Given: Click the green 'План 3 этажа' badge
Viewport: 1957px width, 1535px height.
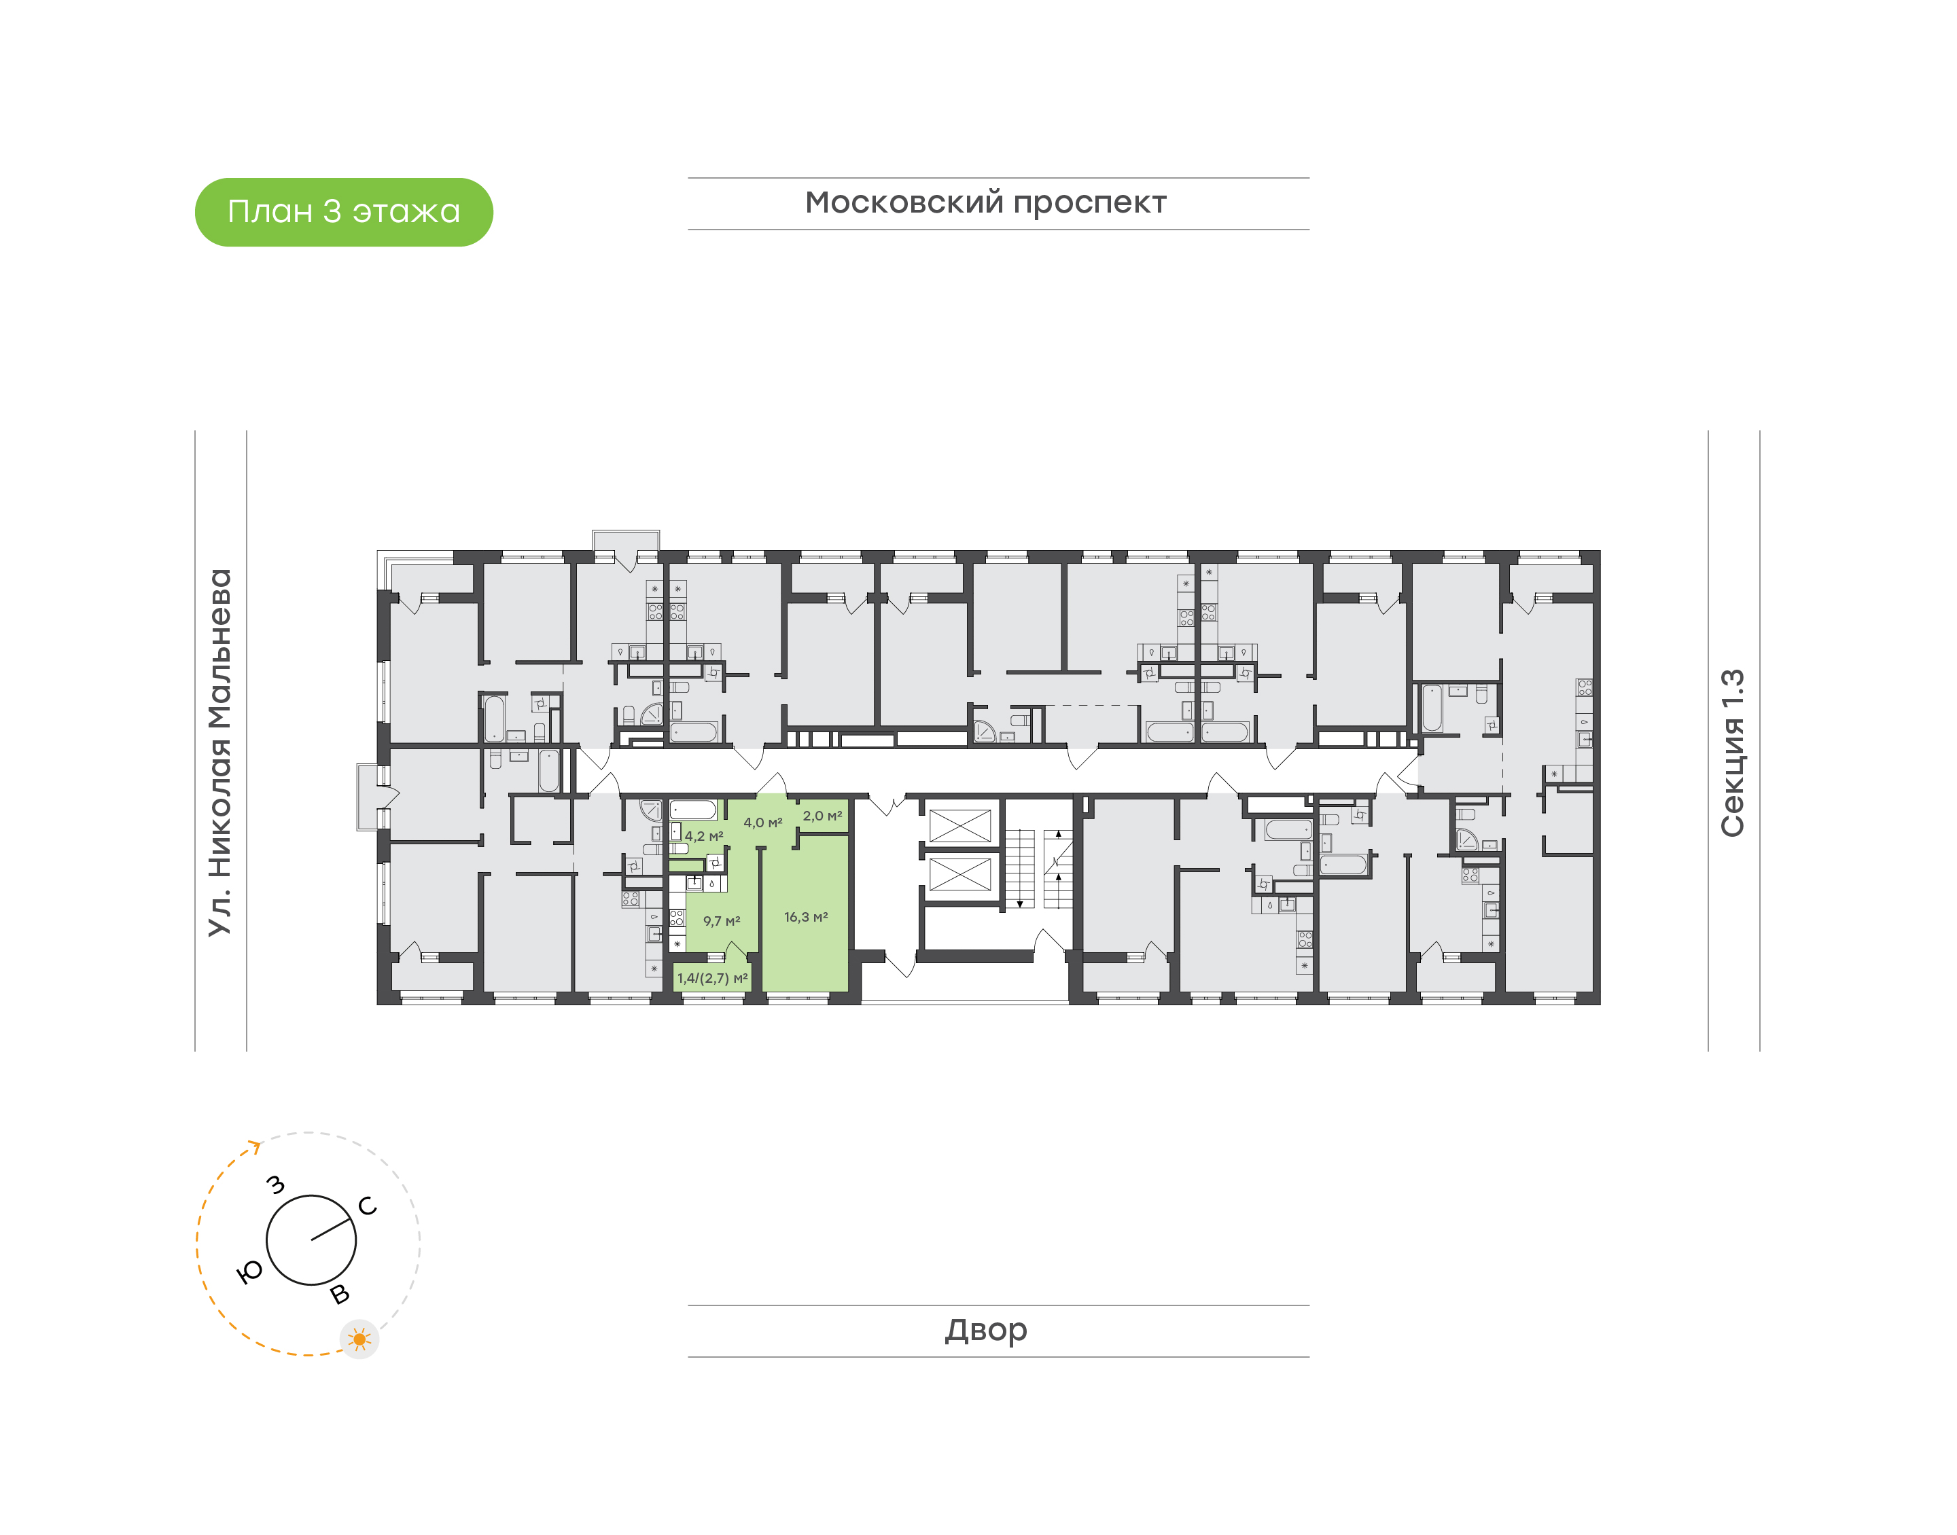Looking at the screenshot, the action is [x=343, y=212].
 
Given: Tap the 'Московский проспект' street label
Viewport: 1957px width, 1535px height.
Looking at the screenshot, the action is [x=985, y=203].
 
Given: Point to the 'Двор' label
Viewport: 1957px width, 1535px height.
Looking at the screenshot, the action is [x=985, y=1330].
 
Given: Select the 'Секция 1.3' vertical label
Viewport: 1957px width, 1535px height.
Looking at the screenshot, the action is [x=1732, y=753].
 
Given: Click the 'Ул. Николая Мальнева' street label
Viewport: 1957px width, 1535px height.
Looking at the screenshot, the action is [x=220, y=753].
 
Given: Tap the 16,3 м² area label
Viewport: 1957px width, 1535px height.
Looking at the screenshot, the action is [x=805, y=917].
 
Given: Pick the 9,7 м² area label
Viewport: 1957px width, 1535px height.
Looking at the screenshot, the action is [x=721, y=921].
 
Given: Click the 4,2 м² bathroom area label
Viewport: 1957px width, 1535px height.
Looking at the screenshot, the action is [x=704, y=836].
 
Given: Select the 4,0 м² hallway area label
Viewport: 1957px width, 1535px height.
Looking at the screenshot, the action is [x=762, y=823].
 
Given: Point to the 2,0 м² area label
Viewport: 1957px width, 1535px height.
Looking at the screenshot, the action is [x=822, y=816].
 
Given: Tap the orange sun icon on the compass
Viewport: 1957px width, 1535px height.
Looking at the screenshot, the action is [x=359, y=1339].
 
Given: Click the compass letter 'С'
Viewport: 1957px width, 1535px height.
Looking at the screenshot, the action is [x=368, y=1206].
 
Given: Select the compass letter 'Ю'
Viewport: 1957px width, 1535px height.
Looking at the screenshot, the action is [x=249, y=1271].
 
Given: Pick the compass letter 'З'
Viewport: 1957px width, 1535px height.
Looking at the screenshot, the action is [x=276, y=1185].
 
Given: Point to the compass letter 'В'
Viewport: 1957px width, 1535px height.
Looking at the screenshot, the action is [x=340, y=1294].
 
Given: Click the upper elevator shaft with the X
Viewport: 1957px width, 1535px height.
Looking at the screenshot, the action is [x=959, y=826].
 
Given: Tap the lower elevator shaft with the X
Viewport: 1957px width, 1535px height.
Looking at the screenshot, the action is [x=959, y=874].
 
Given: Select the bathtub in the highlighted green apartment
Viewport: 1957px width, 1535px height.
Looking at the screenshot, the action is [x=693, y=810].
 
